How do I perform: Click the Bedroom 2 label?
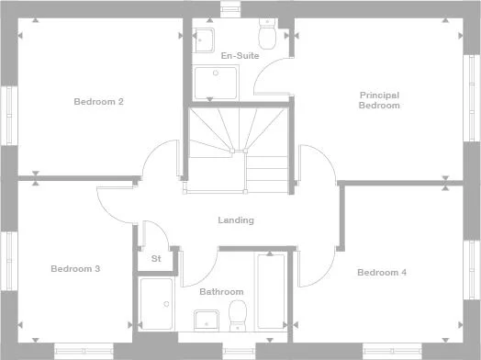98,101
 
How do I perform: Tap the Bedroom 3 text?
75,269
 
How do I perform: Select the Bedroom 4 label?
381,272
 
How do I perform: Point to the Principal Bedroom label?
379,99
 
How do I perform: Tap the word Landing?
236,220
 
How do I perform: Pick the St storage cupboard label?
156,259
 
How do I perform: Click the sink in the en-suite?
204,38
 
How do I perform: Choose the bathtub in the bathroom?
271,292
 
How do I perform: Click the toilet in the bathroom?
238,315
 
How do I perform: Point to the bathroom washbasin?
206,319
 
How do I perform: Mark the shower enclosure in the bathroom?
156,303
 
